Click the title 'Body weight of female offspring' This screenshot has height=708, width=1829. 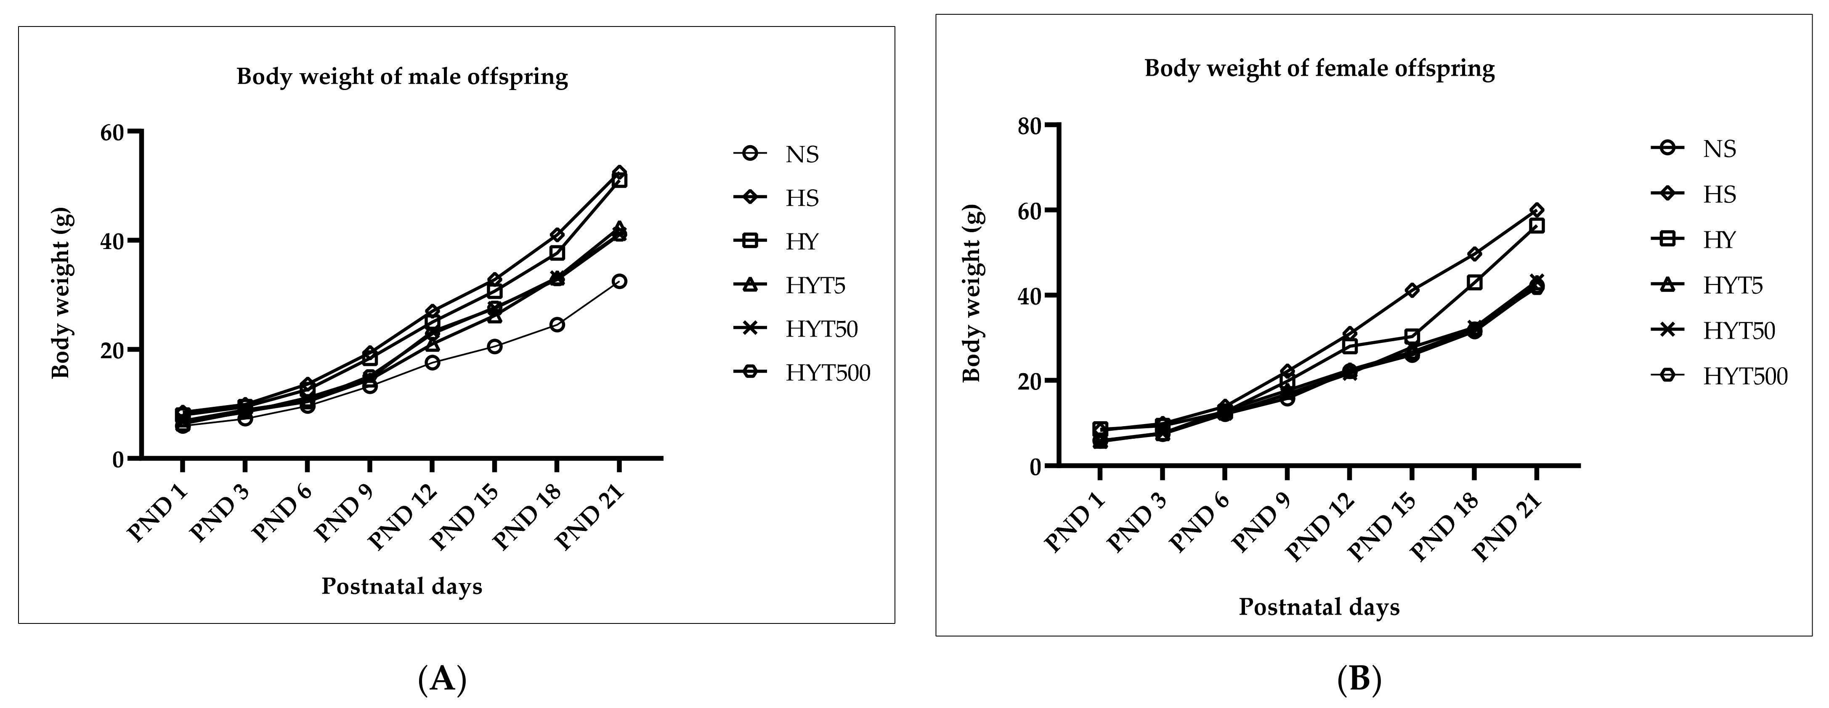click(1319, 69)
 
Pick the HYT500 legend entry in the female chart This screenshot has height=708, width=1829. click(1744, 377)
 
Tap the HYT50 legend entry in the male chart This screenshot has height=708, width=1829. click(821, 329)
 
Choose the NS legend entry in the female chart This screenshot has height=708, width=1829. click(1718, 149)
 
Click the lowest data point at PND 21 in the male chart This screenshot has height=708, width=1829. click(619, 281)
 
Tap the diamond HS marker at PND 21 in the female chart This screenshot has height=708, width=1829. click(1537, 210)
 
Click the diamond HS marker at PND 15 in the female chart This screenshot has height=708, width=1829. click(1412, 290)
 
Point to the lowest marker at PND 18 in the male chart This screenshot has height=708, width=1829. click(557, 324)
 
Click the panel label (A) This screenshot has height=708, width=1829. click(442, 679)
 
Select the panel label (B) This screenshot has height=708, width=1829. click(1359, 679)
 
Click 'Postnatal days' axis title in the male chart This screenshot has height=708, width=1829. click(402, 586)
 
